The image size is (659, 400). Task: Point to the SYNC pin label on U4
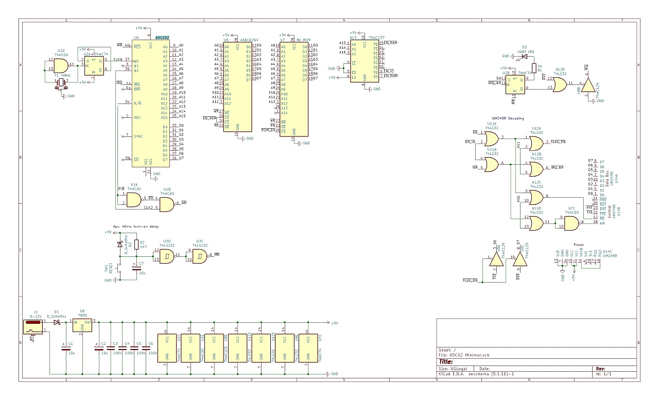tap(138, 136)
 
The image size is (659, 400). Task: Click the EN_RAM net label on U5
tap(209, 118)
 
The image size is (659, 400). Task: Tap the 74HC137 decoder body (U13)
tap(365, 62)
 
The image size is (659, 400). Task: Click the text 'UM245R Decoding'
tap(508, 118)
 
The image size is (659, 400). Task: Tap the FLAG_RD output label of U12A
tap(558, 141)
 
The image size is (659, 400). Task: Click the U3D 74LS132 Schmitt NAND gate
tap(167, 256)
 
